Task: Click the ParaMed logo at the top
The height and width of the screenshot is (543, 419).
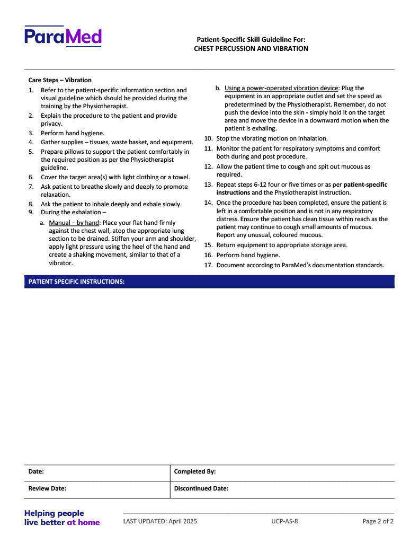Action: point(63,36)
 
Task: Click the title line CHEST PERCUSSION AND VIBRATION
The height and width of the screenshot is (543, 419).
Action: point(251,48)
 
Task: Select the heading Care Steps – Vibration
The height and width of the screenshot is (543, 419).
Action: point(60,80)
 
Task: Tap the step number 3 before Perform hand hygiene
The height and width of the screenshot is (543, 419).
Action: point(31,133)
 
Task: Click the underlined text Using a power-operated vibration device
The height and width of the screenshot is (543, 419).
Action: point(281,88)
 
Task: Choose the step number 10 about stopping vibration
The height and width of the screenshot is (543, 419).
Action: point(208,138)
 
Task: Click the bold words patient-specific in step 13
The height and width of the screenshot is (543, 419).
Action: point(365,185)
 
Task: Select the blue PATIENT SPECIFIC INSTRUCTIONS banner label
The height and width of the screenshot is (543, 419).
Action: point(76,282)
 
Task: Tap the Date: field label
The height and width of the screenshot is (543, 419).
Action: point(36,471)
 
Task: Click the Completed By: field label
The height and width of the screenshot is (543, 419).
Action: point(194,471)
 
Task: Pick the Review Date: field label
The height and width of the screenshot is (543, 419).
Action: point(47,488)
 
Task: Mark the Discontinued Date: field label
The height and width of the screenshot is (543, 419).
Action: point(201,488)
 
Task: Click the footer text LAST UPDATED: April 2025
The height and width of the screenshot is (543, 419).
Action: point(160,521)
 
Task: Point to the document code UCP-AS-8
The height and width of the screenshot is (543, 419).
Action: point(284,521)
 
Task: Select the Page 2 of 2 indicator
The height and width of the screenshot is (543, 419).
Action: point(378,521)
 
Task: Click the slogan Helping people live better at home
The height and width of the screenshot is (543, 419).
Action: point(61,518)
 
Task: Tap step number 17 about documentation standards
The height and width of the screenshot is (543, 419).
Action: point(208,265)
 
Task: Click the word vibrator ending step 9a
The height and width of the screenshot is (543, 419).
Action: point(60,262)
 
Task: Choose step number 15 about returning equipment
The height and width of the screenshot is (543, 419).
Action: point(208,245)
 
